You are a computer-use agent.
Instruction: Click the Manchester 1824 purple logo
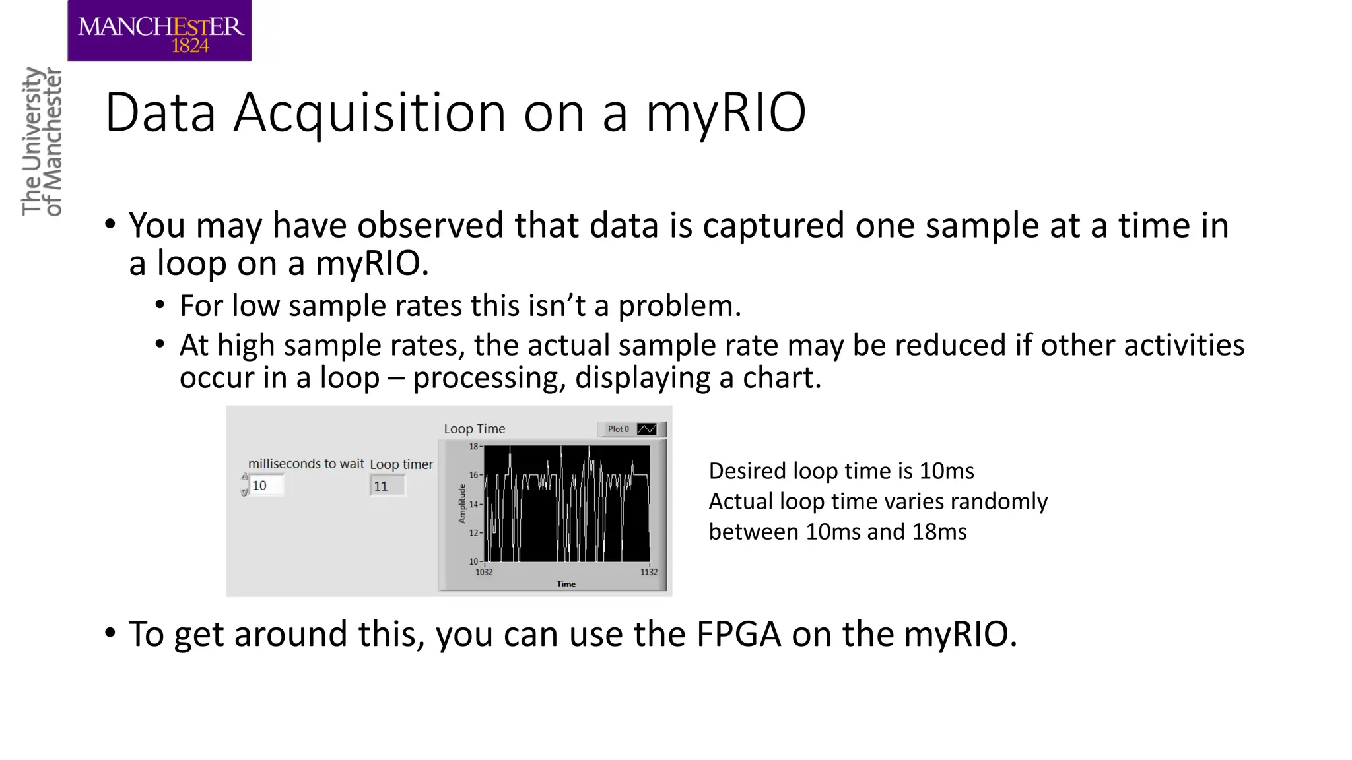[159, 31]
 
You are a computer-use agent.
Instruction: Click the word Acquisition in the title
[369, 113]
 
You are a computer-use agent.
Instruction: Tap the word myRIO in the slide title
[725, 113]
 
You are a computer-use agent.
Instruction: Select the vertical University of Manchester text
[42, 142]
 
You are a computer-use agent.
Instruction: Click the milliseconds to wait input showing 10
[266, 486]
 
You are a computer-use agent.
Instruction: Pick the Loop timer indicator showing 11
[387, 486]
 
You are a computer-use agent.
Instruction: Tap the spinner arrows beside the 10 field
[244, 485]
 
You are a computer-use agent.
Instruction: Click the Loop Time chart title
[474, 429]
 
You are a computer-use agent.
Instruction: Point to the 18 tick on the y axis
[473, 447]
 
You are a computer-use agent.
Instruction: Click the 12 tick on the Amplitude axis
[473, 533]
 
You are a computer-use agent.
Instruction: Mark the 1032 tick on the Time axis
[484, 572]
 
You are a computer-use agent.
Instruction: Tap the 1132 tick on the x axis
[649, 572]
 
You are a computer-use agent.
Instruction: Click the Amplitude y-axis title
[462, 503]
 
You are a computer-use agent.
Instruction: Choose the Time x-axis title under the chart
[566, 584]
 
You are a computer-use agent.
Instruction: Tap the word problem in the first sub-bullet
[679, 306]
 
